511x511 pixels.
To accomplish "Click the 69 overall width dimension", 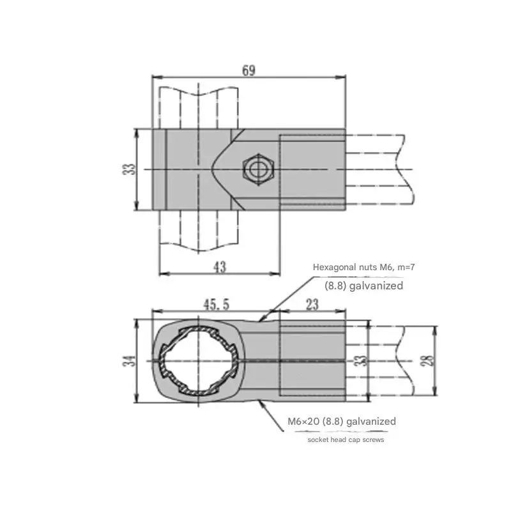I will click(x=249, y=70).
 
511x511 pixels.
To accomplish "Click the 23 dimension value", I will click(x=312, y=305).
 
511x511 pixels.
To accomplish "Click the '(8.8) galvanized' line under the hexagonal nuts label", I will click(x=364, y=286).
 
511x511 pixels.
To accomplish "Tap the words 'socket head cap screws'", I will click(x=346, y=440).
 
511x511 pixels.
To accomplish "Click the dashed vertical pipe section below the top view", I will click(x=199, y=233).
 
